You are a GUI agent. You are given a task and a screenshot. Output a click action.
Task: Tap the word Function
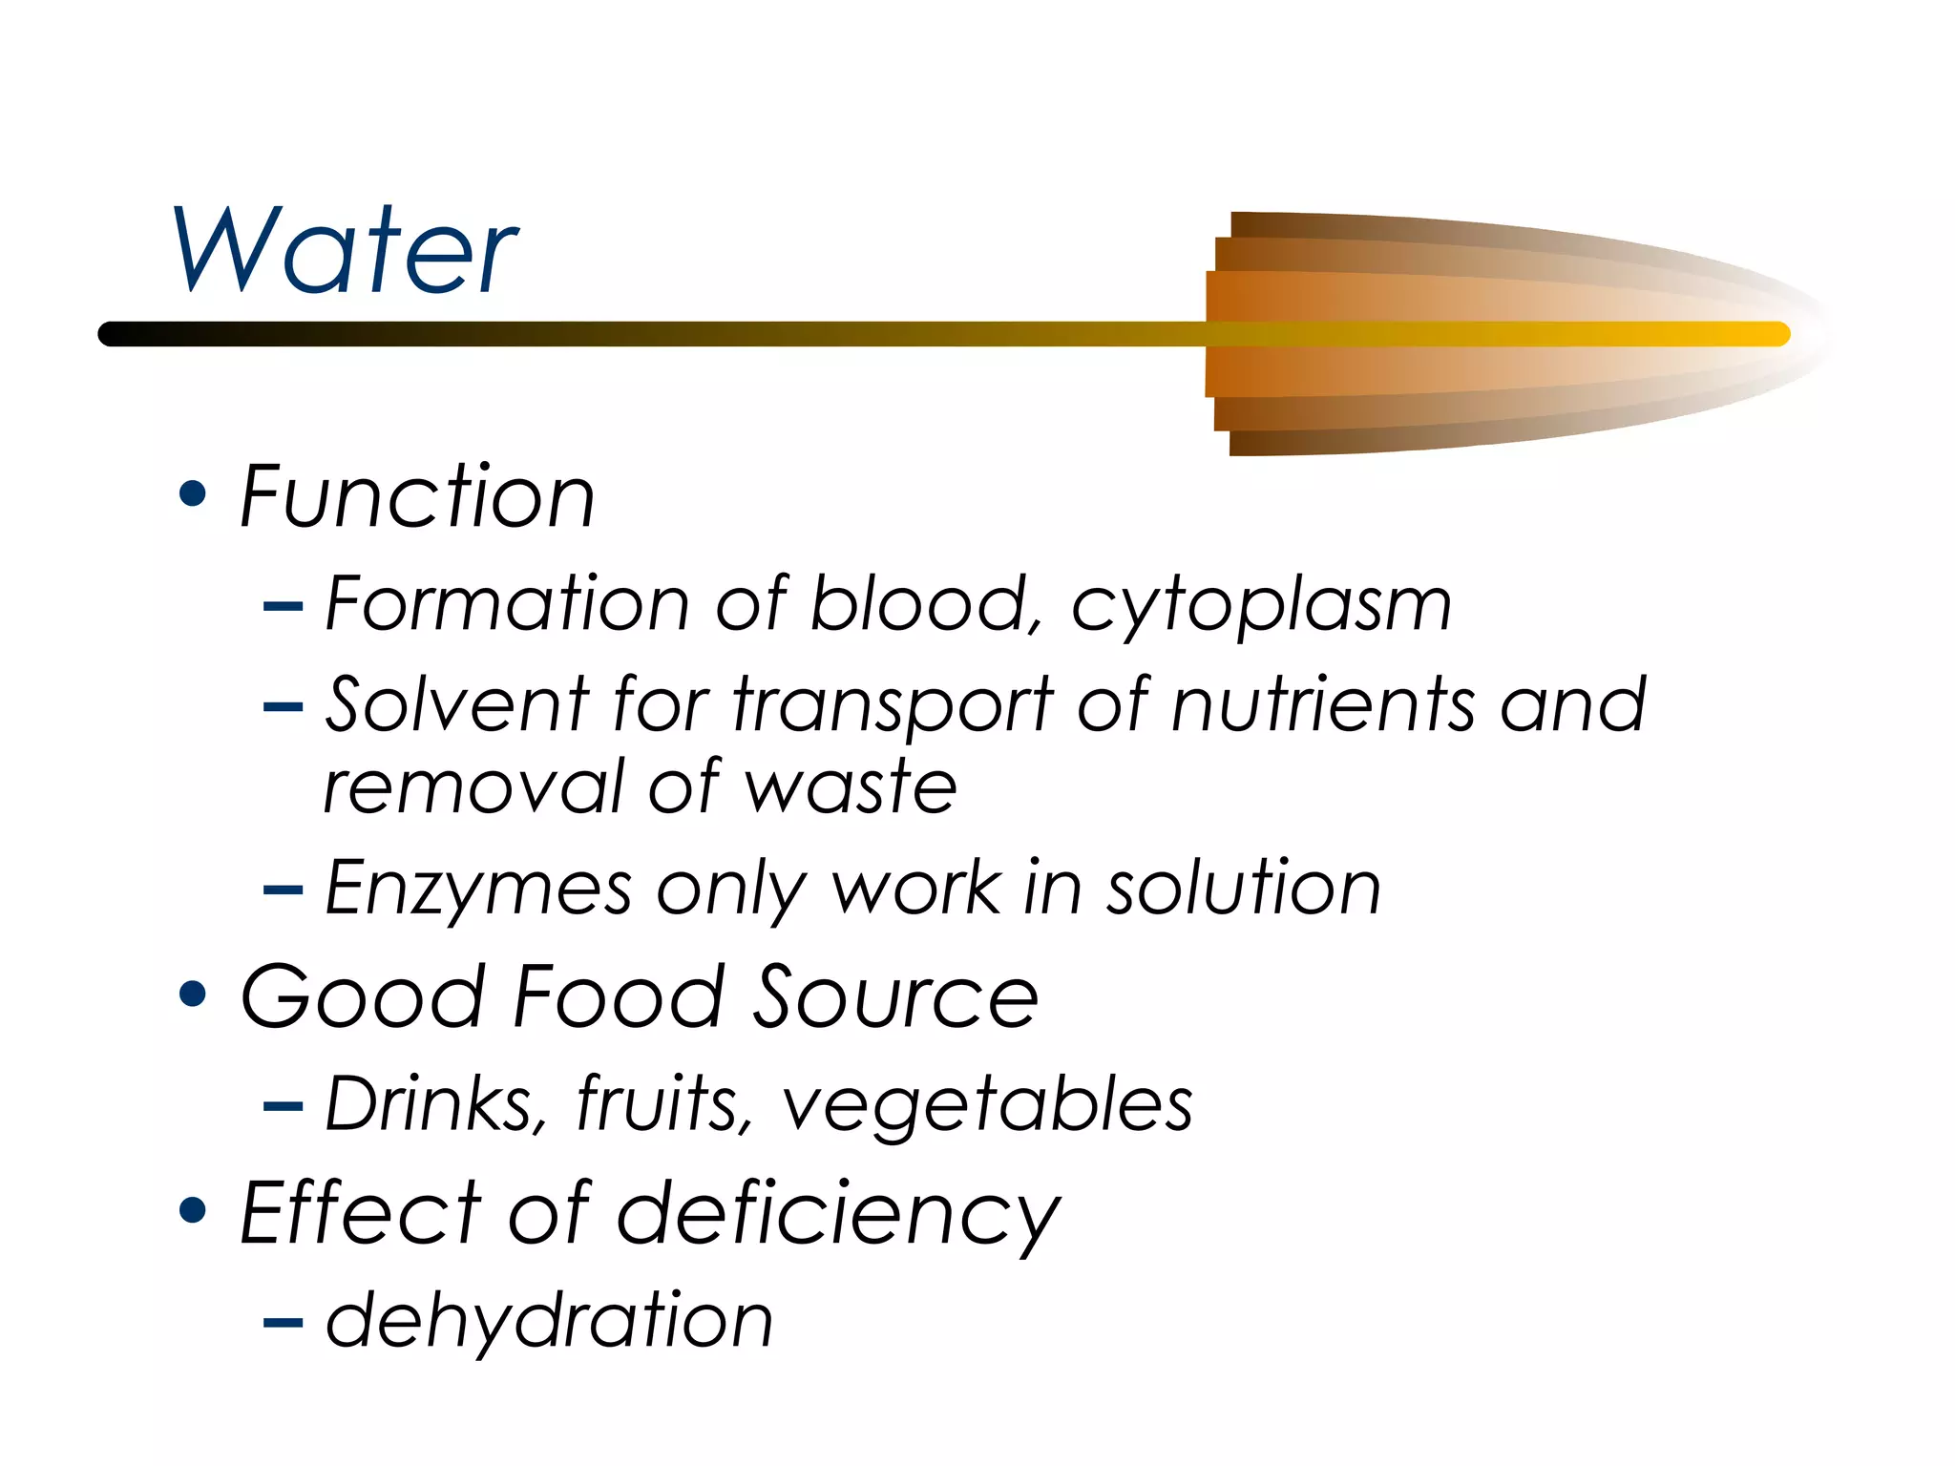coord(417,496)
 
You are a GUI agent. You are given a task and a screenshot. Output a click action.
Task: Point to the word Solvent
coord(456,705)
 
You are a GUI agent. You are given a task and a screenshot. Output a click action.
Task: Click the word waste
coord(850,788)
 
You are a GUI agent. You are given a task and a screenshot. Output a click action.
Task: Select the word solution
coord(1243,889)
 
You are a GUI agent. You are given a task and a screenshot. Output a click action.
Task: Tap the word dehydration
coord(548,1322)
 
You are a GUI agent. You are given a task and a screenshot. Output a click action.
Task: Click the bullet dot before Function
coord(193,494)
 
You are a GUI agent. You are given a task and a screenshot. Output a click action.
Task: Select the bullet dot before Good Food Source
coord(193,995)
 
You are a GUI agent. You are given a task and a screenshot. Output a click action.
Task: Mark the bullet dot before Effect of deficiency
coord(193,1211)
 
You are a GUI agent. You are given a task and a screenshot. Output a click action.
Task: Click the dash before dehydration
coord(283,1323)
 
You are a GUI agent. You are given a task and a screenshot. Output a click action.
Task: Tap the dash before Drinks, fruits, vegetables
coord(283,1107)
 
